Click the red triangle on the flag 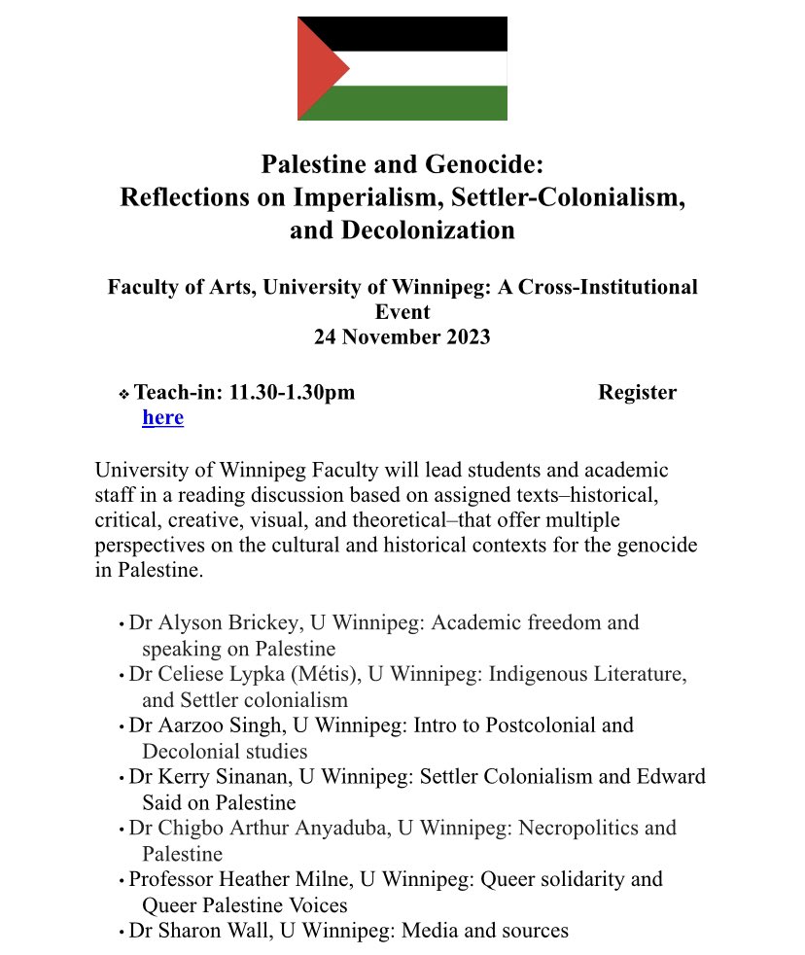(317, 68)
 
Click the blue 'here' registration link (162, 418)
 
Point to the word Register (637, 393)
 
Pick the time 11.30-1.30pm (292, 393)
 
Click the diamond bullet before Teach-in (123, 394)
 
